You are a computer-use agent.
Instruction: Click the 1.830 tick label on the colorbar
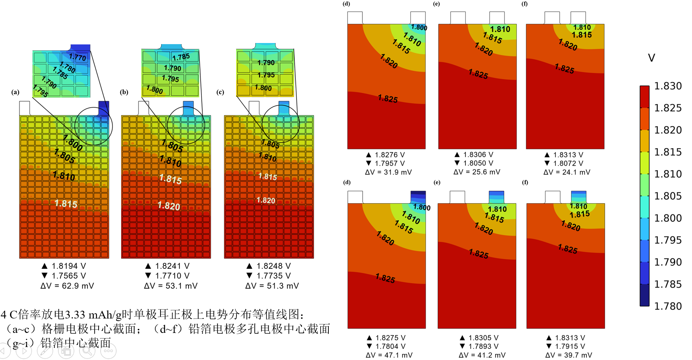pyautogui.click(x=668, y=86)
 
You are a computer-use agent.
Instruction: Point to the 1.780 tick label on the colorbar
pyautogui.click(x=668, y=306)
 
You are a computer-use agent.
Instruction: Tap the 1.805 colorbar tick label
pyautogui.click(x=668, y=196)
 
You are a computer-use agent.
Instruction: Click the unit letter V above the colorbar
pyautogui.click(x=651, y=58)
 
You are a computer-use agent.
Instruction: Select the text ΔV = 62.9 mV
pyautogui.click(x=67, y=286)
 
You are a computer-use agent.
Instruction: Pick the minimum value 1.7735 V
pyautogui.click(x=273, y=276)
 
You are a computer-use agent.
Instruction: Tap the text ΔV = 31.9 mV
pyautogui.click(x=388, y=172)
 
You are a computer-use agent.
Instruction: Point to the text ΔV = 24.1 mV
pyautogui.click(x=567, y=172)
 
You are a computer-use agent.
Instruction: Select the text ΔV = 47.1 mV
pyautogui.click(x=389, y=355)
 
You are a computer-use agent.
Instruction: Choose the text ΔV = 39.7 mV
pyautogui.click(x=568, y=355)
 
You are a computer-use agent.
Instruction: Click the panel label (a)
pyautogui.click(x=15, y=92)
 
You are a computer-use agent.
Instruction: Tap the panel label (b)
pyautogui.click(x=124, y=92)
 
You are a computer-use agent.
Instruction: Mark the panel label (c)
pyautogui.click(x=220, y=92)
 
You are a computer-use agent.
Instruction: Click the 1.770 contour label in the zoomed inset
pyautogui.click(x=78, y=57)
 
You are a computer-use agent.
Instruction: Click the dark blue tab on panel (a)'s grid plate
pyautogui.click(x=104, y=108)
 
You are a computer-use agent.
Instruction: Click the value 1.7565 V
pyautogui.click(x=69, y=276)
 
